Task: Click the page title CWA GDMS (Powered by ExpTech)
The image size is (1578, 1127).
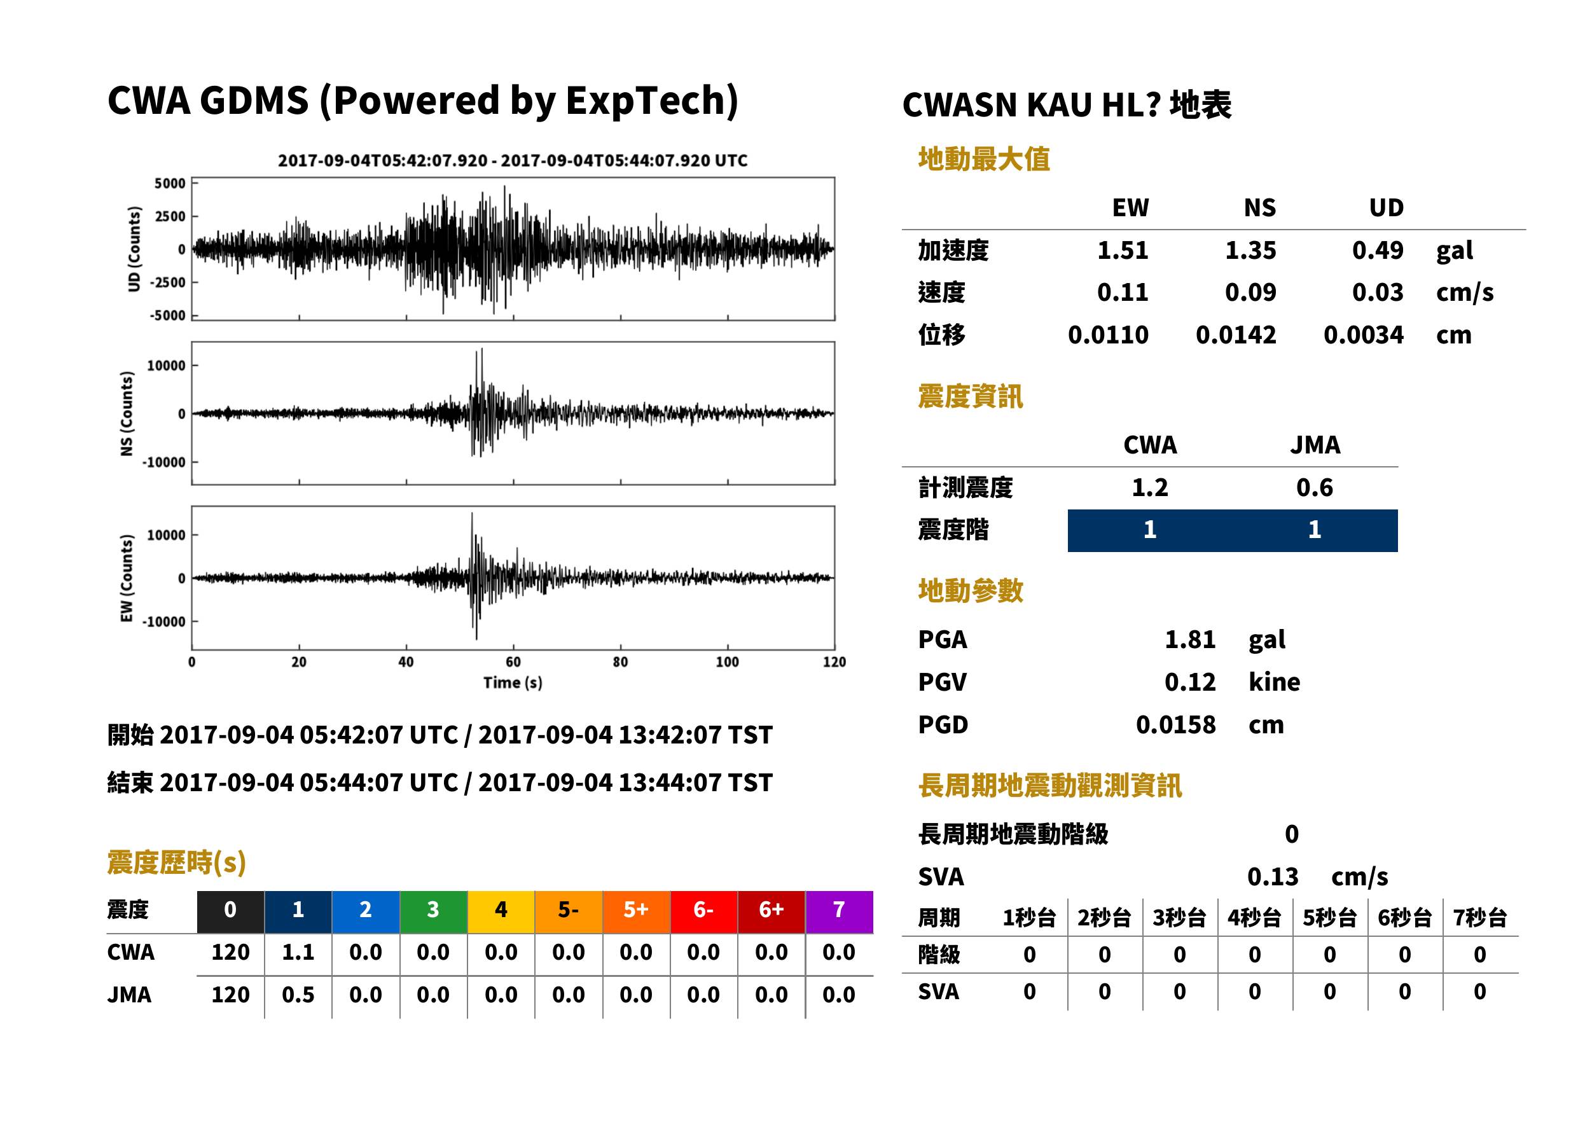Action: coord(422,100)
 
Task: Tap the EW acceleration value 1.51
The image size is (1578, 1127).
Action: coord(1122,251)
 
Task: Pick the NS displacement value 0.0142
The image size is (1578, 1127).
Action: coord(1235,335)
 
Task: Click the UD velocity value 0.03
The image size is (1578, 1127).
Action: coord(1378,293)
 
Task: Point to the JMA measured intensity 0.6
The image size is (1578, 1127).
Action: coord(1314,488)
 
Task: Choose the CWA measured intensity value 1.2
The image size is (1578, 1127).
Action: coord(1150,488)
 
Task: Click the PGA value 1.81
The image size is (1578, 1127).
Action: coord(1189,640)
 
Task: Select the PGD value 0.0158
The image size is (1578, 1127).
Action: coord(1175,725)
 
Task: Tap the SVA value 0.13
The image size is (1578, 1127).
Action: coord(1272,877)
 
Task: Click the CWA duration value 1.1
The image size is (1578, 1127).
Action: coord(298,953)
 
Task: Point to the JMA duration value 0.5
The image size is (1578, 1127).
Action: coord(298,995)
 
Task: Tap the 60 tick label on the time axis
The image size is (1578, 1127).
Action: coord(513,662)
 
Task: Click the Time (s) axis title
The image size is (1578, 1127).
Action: coord(513,683)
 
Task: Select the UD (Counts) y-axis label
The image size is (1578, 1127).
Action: coord(134,249)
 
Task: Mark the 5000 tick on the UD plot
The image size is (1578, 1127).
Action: coord(170,183)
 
